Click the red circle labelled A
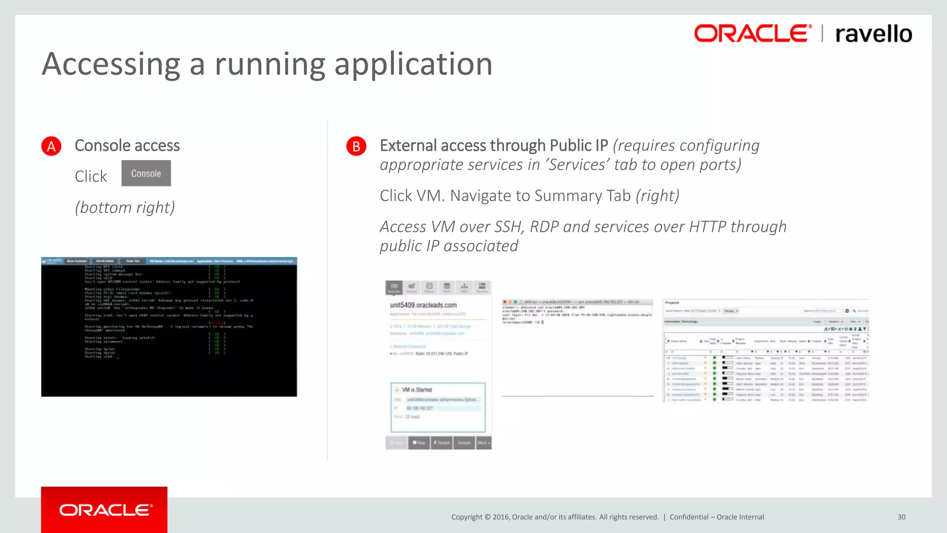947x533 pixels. [51, 146]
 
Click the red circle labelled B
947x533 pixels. [356, 146]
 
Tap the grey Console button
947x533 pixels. [146, 174]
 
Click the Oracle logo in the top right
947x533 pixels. [752, 34]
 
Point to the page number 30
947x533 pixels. [901, 517]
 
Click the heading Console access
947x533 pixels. [127, 146]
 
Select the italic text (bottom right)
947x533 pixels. [125, 207]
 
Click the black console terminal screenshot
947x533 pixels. [169, 327]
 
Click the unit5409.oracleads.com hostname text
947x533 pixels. [423, 305]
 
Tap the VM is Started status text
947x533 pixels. [417, 390]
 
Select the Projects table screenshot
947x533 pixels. [766, 351]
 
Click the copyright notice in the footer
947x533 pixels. [555, 517]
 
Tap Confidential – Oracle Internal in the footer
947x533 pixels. [717, 517]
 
